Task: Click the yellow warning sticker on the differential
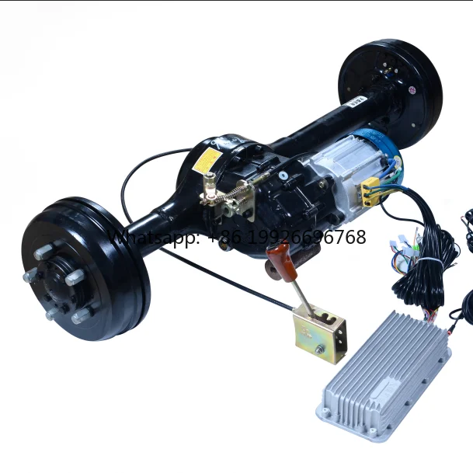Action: (208, 160)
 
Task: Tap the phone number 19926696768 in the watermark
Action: (311, 238)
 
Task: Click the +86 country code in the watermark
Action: (224, 238)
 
